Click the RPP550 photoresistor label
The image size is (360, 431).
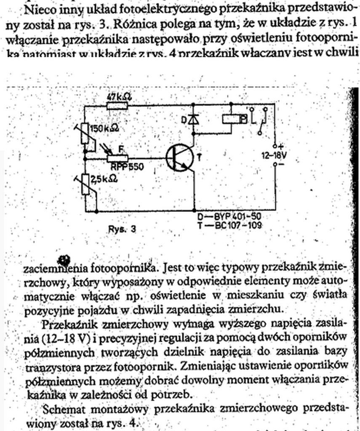127,167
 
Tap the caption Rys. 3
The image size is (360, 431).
122,230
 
